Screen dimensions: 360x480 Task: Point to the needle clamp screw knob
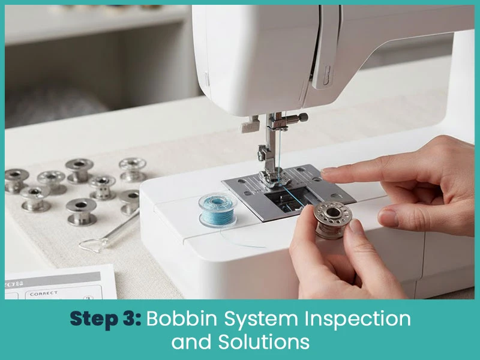(302, 117)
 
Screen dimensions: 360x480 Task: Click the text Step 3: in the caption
(106, 319)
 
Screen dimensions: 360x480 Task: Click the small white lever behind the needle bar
(246, 127)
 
